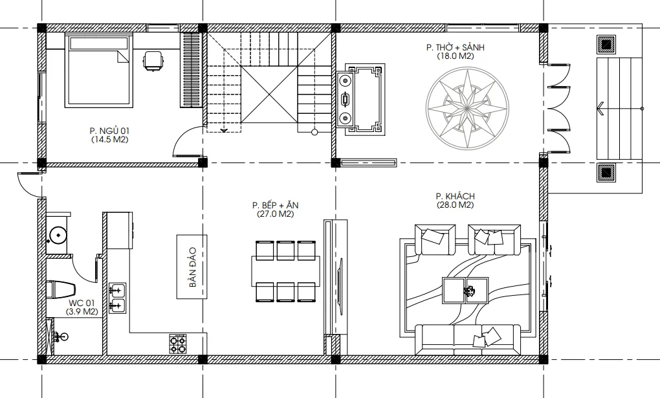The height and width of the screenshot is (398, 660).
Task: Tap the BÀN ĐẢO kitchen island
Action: coord(192,267)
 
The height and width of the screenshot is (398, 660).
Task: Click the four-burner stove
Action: coord(178,344)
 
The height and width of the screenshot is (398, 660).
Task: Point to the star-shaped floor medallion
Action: coord(467,109)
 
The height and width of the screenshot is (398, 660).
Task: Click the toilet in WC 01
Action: coord(61,290)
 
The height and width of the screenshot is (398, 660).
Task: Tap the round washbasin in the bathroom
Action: coord(57,234)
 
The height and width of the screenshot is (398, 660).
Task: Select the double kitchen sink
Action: coord(117,298)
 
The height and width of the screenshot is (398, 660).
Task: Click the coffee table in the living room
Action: coord(465,290)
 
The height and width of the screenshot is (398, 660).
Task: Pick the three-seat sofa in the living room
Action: coord(468,340)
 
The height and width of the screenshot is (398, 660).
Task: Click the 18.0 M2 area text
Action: coord(455,56)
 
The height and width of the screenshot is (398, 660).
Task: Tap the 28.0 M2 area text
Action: coord(455,205)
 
